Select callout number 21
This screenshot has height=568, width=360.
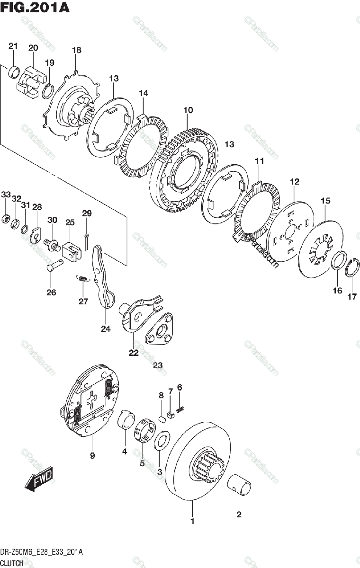point(13,46)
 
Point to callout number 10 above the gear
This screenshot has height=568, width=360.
point(188,110)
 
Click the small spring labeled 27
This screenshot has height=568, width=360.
point(82,279)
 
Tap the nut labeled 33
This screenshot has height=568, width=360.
point(6,218)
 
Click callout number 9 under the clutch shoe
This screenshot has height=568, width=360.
point(92,456)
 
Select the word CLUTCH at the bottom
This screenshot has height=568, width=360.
point(13,563)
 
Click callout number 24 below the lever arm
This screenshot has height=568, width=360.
point(105,329)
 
